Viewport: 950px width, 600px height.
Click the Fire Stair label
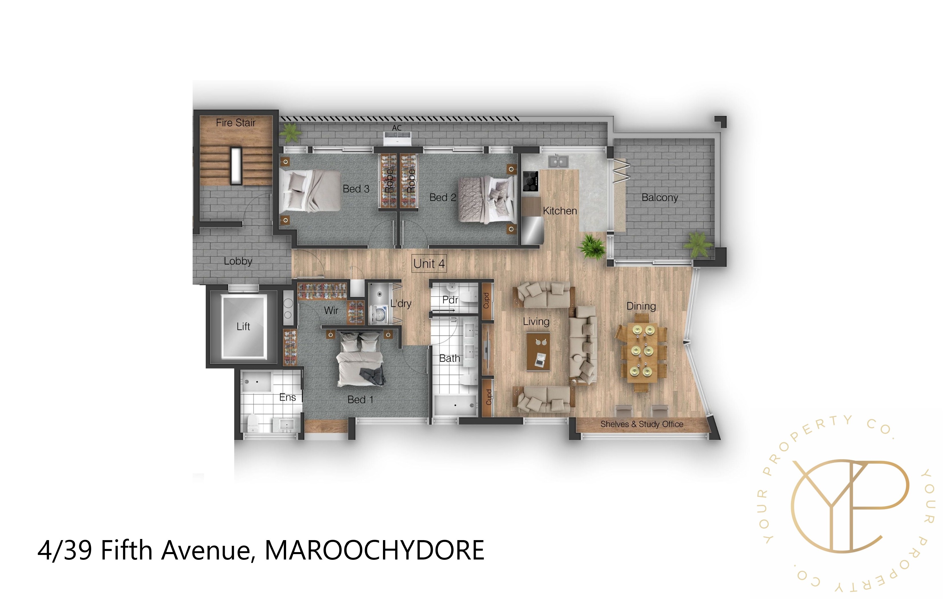236,123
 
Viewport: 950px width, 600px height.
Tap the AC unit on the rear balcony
397,138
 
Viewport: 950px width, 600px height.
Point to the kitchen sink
558,161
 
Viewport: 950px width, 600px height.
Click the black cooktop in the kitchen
531,181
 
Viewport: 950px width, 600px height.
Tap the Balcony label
660,197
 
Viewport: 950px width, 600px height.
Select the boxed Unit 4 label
429,263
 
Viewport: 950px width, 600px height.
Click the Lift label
243,327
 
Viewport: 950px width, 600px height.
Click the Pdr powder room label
450,300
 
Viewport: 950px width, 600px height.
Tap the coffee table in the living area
539,351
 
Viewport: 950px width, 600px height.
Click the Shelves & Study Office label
641,424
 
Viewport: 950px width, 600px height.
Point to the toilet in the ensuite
252,422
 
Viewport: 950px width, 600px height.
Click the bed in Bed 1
360,361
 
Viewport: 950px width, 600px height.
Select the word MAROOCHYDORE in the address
374,550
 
